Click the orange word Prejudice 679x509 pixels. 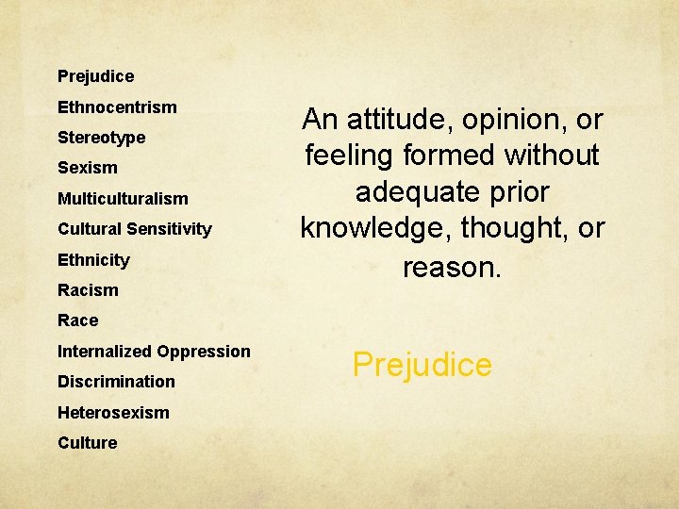(422, 365)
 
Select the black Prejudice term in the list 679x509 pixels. (95, 76)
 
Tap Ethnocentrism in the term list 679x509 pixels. (117, 107)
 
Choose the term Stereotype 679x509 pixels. (101, 138)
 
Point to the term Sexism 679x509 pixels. (88, 168)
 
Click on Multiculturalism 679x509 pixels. (123, 199)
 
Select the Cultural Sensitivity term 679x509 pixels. (135, 229)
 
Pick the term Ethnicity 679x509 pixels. (93, 260)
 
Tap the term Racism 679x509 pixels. (88, 290)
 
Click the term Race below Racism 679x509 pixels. (77, 320)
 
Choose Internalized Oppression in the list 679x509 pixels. (154, 352)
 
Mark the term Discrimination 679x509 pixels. (116, 382)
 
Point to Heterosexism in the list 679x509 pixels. (113, 413)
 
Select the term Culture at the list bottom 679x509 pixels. (87, 443)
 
